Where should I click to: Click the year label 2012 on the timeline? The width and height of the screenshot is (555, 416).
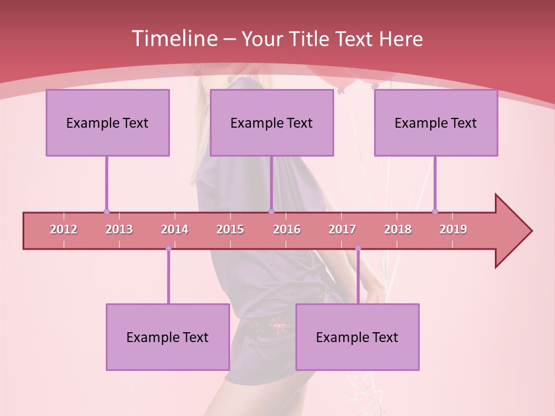point(64,229)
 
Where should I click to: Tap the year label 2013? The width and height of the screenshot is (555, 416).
point(119,229)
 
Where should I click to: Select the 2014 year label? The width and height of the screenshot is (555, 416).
point(175,229)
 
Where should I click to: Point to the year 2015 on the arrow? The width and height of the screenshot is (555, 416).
point(230,229)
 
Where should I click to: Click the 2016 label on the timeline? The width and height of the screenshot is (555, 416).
point(287,229)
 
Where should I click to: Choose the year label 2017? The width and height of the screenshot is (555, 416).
point(342,229)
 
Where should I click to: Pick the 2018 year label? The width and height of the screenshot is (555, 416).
point(398,229)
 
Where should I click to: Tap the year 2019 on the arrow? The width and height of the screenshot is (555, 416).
point(453,229)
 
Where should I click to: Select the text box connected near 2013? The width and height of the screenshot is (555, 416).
point(108,122)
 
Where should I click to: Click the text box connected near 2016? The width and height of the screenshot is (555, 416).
point(272,122)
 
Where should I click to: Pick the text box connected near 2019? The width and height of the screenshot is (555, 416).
point(436,122)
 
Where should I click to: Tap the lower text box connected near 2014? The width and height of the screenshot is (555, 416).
point(168,337)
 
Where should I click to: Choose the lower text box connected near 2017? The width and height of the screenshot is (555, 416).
point(357,337)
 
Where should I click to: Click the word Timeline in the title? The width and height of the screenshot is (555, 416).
point(173,39)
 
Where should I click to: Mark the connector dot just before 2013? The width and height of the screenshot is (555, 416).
point(106,211)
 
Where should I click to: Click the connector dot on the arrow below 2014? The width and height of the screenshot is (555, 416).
point(168,248)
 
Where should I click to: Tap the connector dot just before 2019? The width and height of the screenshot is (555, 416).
point(435,211)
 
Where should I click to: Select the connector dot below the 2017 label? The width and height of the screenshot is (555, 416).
point(358,248)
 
